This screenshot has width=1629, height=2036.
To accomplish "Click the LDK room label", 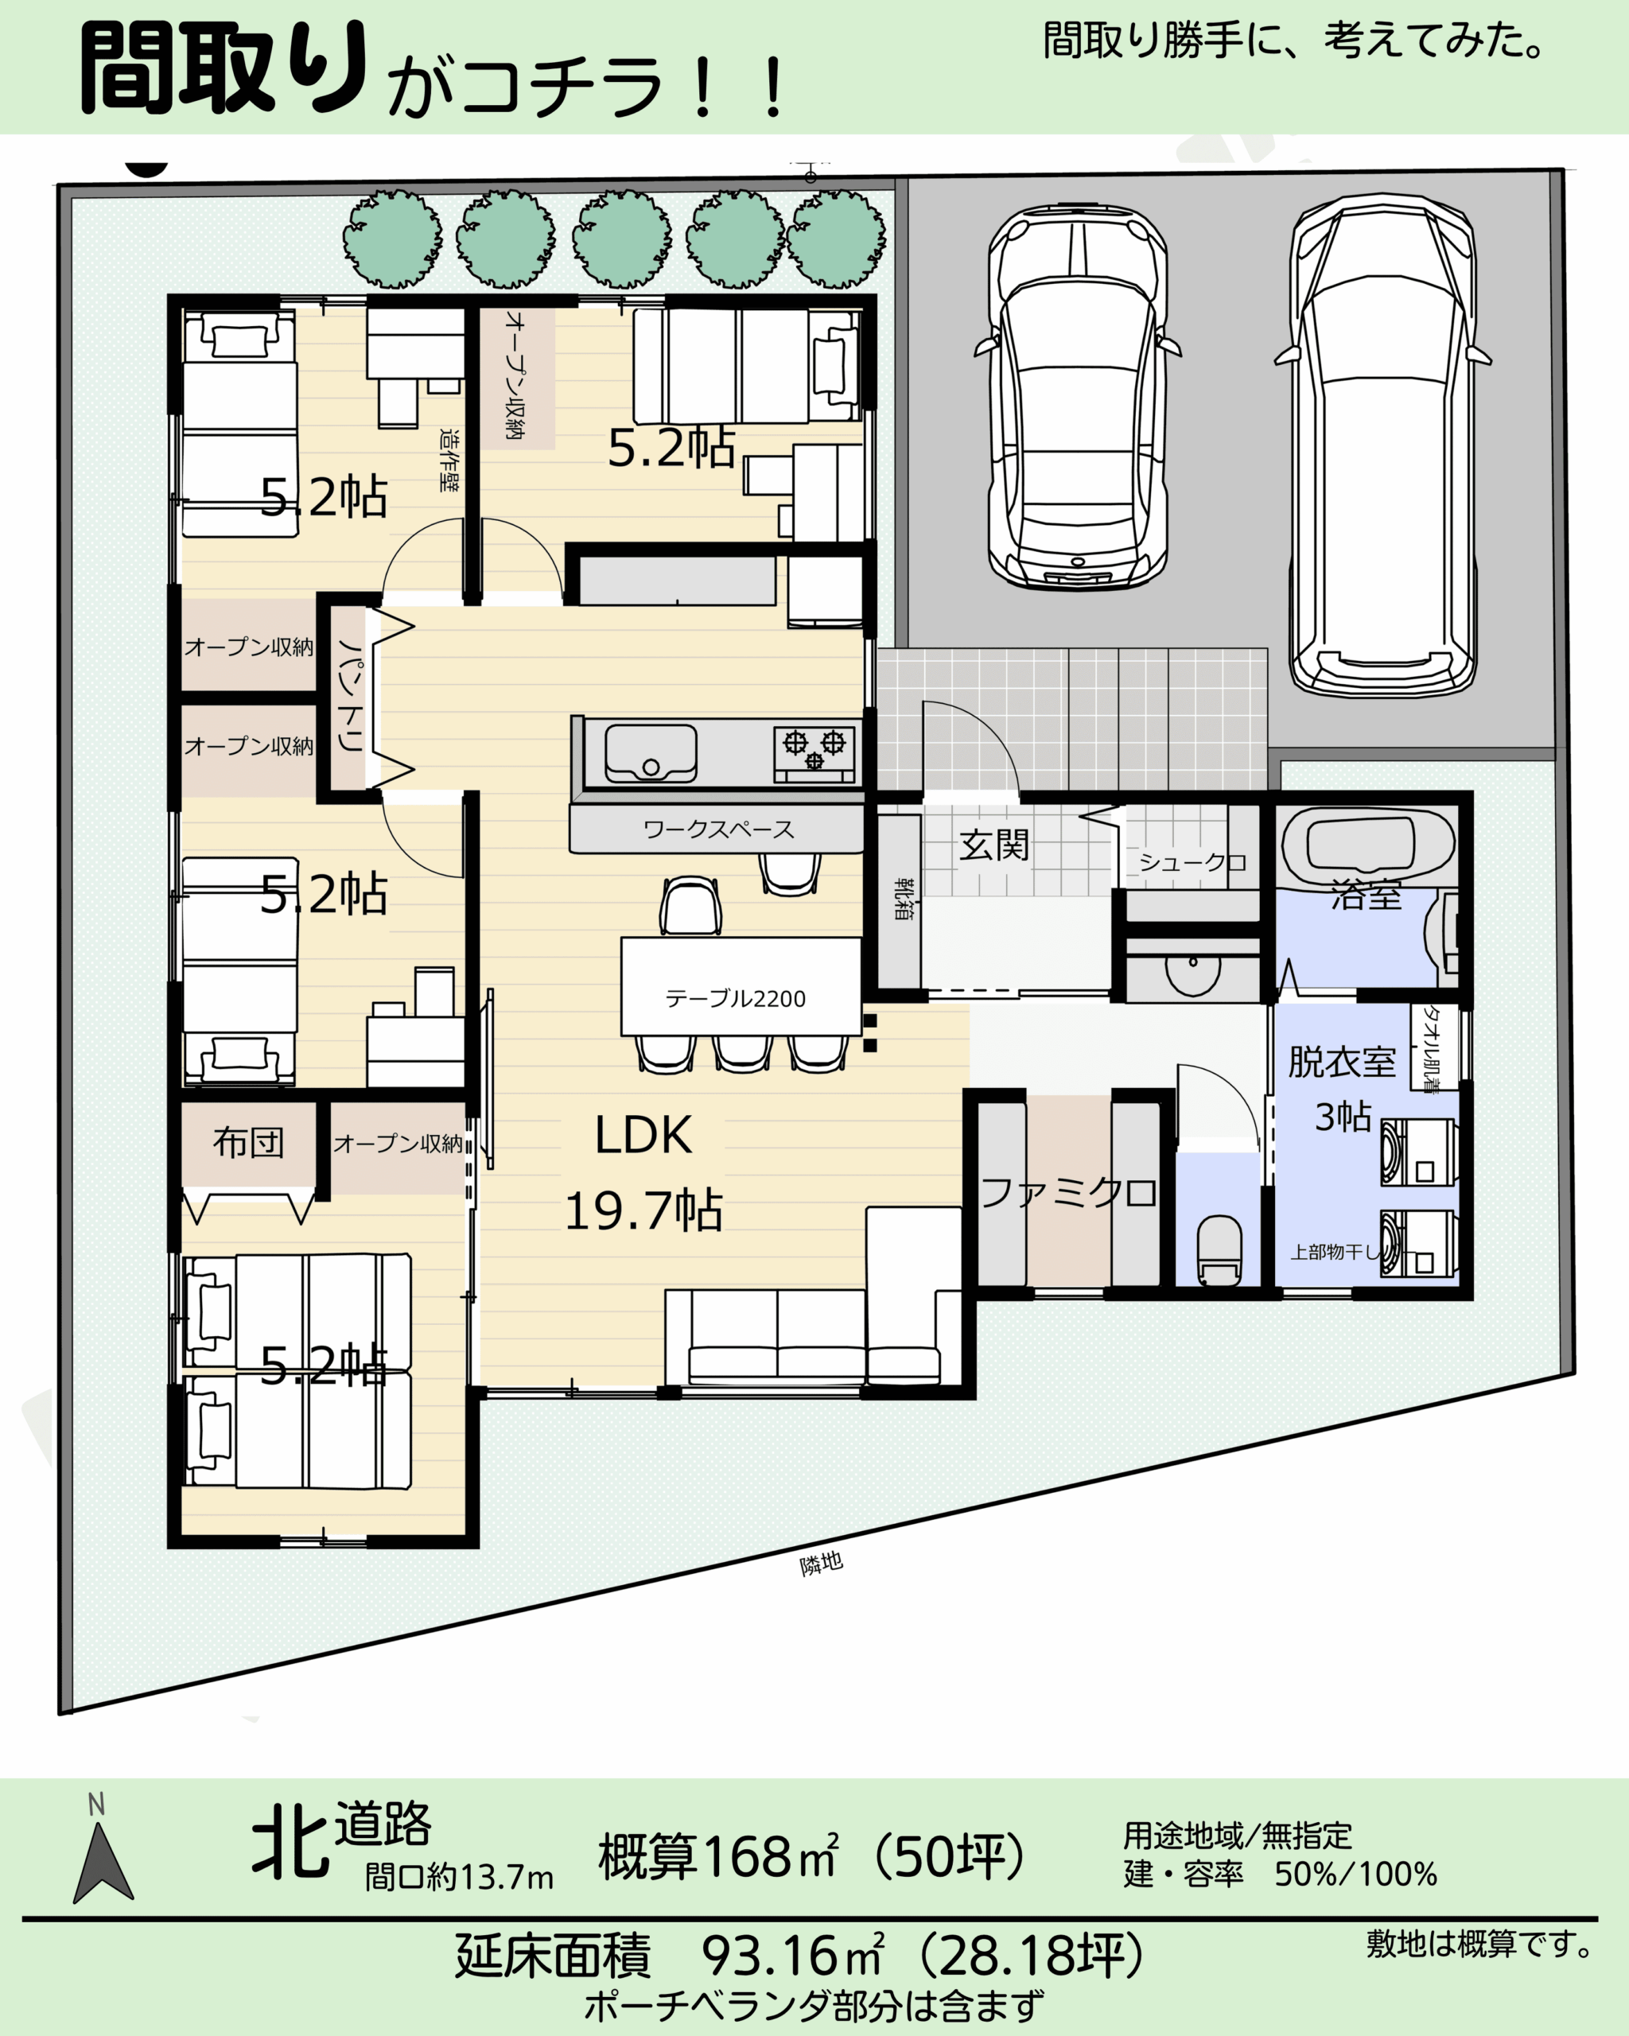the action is [643, 1135].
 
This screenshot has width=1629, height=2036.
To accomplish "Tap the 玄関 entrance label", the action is [993, 845].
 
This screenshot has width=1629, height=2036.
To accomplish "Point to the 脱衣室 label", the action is [1342, 1063].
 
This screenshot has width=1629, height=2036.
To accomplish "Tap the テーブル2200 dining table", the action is [741, 986].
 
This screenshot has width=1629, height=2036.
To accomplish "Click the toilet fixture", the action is [1220, 1251].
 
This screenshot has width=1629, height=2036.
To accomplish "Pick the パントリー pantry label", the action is [350, 696].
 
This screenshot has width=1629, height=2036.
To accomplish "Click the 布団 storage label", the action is [248, 1143].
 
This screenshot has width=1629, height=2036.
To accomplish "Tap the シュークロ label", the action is [1192, 862].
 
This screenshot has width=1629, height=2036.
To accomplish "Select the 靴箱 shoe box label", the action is [903, 898].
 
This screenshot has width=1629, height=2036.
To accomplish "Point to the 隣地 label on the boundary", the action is [822, 1564].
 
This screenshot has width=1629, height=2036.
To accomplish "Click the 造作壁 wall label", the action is [450, 460].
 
